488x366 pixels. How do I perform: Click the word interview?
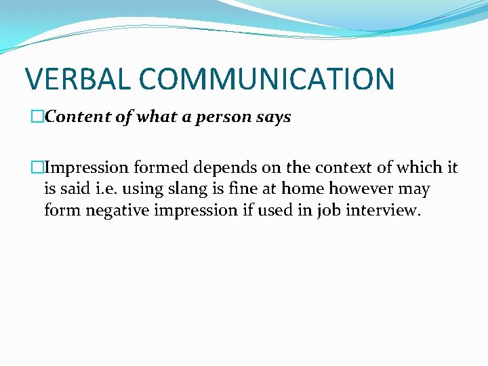tap(383, 211)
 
